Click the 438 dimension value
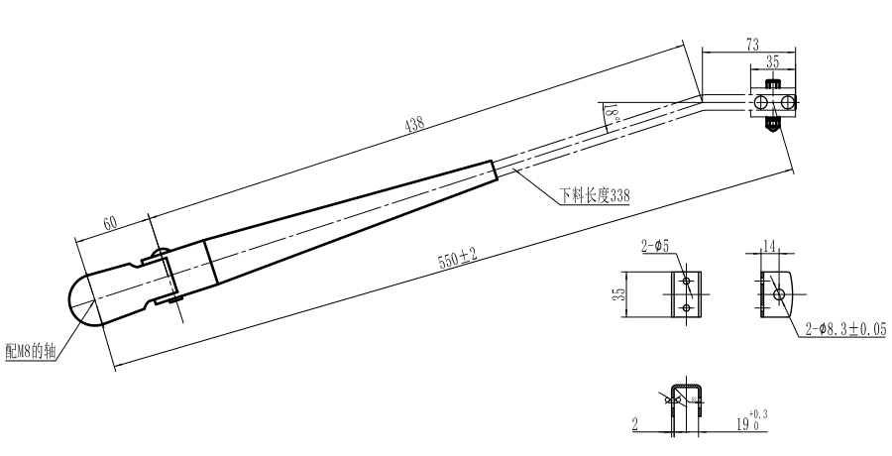414,124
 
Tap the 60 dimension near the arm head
109,222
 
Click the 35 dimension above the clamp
772,62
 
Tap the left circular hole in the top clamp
761,102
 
